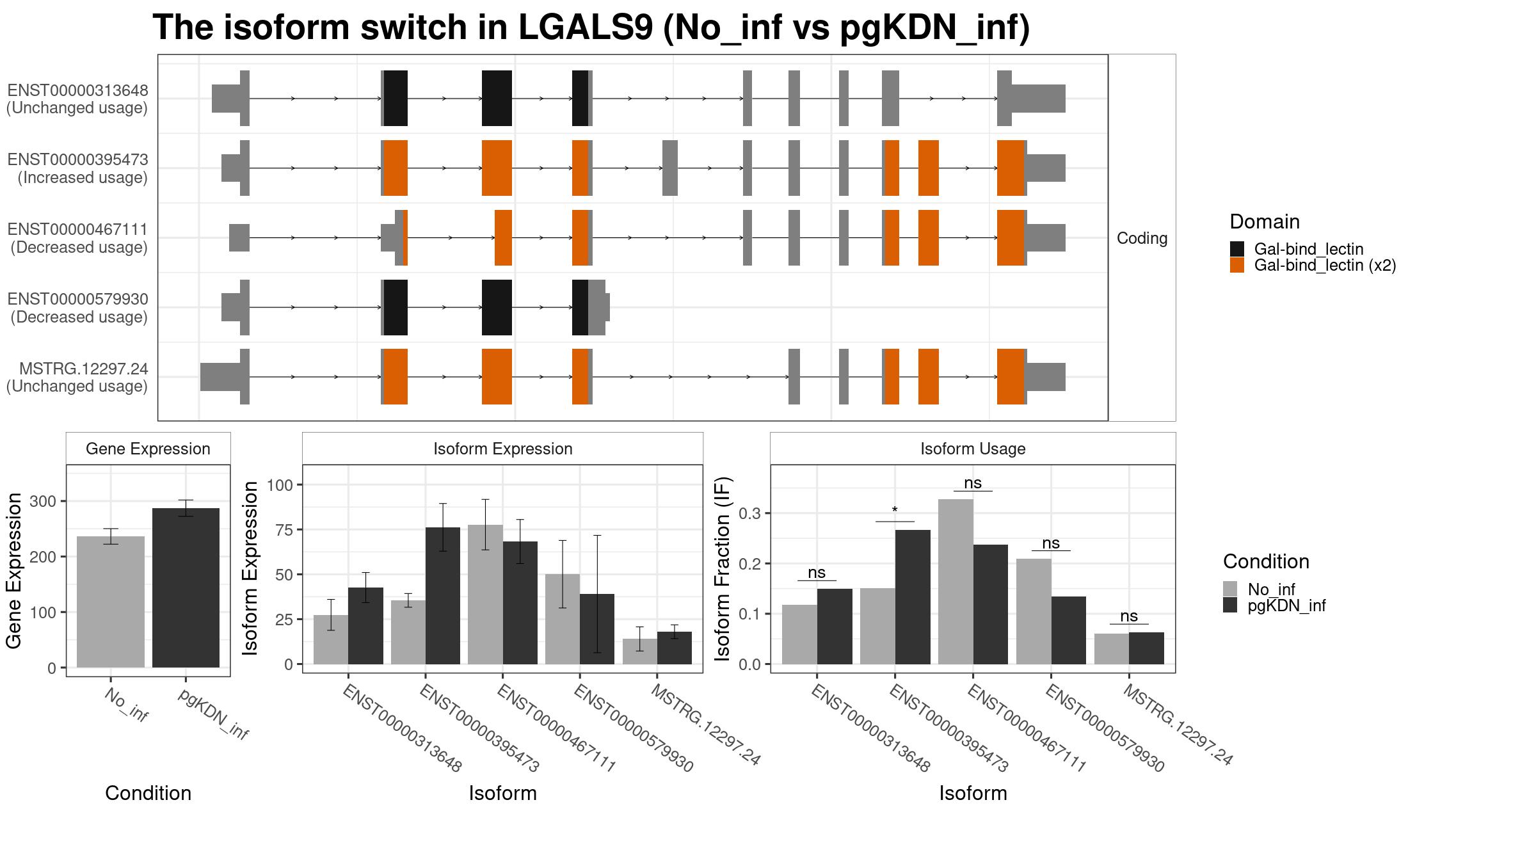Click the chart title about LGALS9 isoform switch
(591, 28)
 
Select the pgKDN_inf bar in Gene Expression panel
(186, 588)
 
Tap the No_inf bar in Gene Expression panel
(111, 602)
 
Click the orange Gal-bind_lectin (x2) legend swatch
(1237, 266)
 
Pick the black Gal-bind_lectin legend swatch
(1237, 249)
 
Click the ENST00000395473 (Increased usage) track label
(78, 168)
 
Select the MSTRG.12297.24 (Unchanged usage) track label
(77, 378)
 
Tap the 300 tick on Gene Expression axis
(44, 501)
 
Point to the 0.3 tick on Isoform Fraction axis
(750, 513)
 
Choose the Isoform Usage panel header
(973, 449)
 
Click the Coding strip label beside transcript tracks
(1142, 238)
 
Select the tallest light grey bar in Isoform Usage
(956, 582)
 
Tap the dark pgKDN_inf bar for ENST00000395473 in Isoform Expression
(443, 596)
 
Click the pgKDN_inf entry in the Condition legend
(1287, 605)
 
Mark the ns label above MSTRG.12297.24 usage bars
(1129, 616)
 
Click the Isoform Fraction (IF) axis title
(723, 569)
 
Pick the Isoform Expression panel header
(502, 449)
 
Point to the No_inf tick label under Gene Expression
(126, 705)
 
